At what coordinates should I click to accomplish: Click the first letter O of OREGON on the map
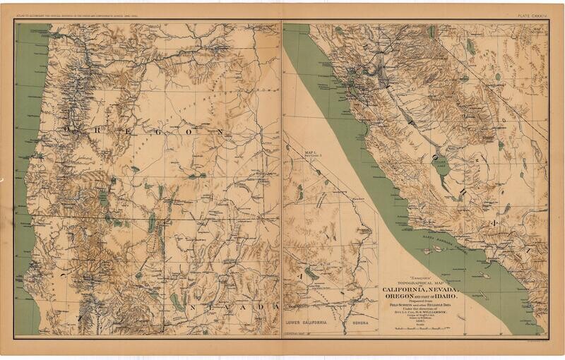point(70,128)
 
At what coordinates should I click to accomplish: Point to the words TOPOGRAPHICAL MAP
point(420,282)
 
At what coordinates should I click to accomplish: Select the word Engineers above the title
point(420,277)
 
